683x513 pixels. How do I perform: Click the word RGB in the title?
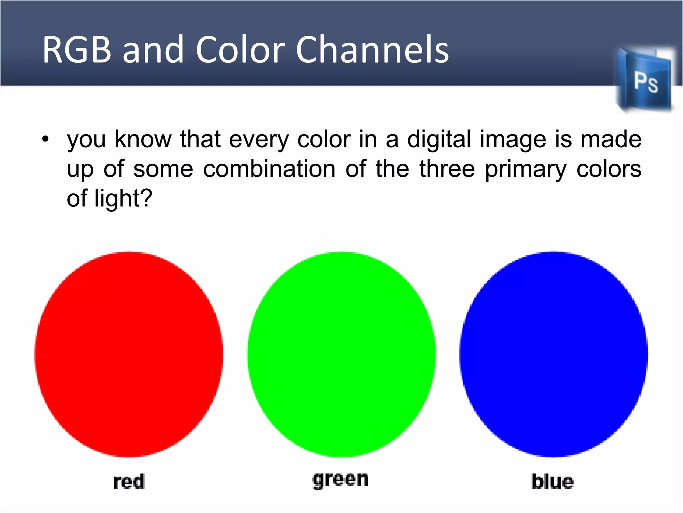click(77, 50)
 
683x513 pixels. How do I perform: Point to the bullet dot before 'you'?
click(46, 139)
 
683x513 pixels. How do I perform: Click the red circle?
click(129, 354)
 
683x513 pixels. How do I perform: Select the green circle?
click(341, 354)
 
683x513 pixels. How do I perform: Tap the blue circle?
click(553, 354)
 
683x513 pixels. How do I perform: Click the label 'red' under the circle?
click(129, 482)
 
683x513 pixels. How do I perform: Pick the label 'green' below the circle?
click(340, 480)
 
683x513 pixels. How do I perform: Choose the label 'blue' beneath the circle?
click(552, 482)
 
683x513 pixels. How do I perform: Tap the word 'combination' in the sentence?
click(269, 169)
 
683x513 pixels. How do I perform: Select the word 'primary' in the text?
click(526, 170)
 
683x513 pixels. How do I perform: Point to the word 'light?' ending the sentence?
click(123, 199)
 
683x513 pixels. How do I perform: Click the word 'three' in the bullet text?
click(447, 169)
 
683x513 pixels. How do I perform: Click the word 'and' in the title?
click(153, 50)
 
